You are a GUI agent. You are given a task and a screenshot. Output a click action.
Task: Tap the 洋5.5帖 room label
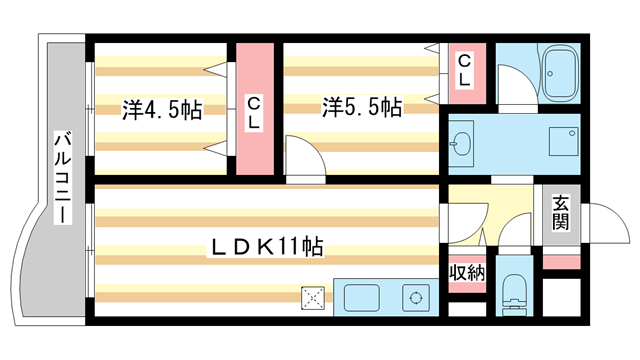click(362, 107)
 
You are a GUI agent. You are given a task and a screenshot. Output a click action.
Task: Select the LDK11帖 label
click(264, 245)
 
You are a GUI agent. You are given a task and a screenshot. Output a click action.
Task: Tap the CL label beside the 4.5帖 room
click(254, 111)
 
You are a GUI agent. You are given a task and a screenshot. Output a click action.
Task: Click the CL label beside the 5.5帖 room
click(465, 71)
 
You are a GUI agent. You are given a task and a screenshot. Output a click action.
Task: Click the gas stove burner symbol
click(413, 297)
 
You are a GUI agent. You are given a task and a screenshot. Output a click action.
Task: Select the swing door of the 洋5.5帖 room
click(300, 157)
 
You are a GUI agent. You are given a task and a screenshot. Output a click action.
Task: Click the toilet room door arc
click(514, 239)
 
